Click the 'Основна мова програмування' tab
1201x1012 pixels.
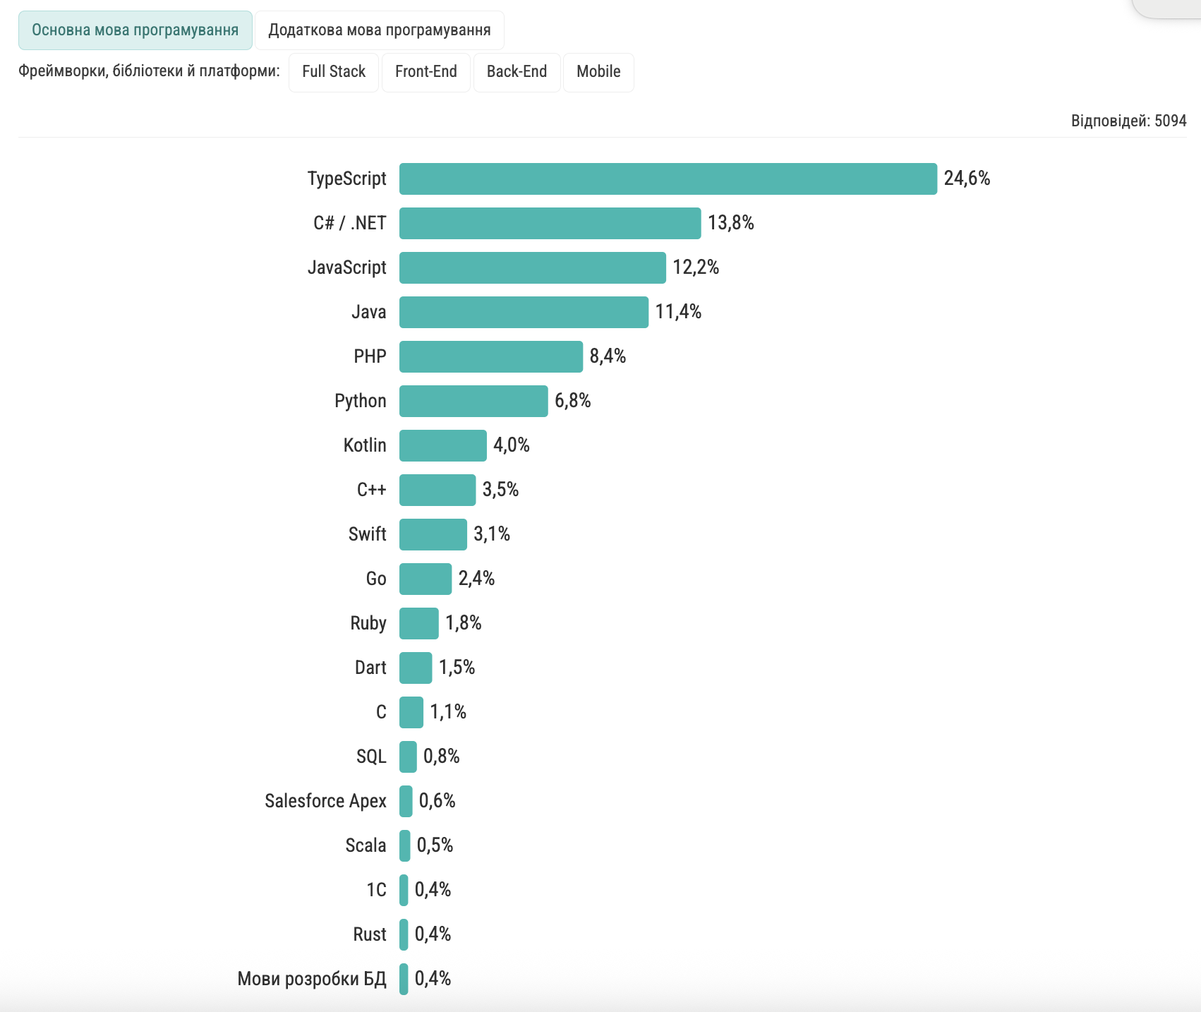tap(135, 30)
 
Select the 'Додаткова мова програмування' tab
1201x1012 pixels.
tap(379, 30)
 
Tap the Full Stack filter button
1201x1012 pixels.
tap(334, 72)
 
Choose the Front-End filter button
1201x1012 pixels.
tap(426, 72)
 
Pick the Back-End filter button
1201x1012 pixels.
tap(517, 72)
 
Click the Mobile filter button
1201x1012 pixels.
tap(598, 72)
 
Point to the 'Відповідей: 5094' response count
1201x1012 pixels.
tap(1128, 121)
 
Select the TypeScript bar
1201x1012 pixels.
tap(668, 179)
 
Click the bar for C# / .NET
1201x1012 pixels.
tap(550, 223)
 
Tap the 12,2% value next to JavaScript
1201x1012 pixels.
tap(695, 267)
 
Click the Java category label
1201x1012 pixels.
tap(368, 312)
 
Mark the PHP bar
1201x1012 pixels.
tap(490, 356)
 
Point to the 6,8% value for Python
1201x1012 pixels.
tap(572, 401)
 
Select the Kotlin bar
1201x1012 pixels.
tap(442, 445)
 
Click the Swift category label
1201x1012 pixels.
tap(367, 534)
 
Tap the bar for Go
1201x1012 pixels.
tap(425, 579)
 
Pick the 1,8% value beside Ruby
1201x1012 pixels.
tap(463, 623)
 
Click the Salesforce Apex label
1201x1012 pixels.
tap(325, 801)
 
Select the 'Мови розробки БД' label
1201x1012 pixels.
tap(312, 979)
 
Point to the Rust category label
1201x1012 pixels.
tap(369, 934)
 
